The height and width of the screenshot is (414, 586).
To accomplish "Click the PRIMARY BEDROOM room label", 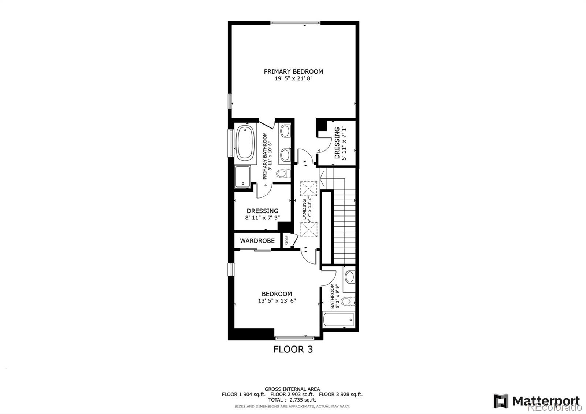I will click(x=293, y=71).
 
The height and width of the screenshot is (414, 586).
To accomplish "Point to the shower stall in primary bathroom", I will click(x=242, y=177).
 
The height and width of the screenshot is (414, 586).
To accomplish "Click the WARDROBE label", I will click(x=257, y=241).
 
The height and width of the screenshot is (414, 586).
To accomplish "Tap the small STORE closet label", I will click(x=287, y=241).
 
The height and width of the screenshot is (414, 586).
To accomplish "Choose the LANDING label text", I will click(x=304, y=210).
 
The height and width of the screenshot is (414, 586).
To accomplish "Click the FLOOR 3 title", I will click(x=293, y=349).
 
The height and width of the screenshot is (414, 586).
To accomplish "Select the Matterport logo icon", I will click(x=501, y=401).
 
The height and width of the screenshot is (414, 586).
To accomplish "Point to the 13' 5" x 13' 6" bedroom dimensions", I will click(x=277, y=301).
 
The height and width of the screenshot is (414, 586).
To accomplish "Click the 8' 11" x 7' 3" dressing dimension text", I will click(x=262, y=218).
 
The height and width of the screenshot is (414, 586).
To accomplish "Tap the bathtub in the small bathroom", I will click(x=338, y=320).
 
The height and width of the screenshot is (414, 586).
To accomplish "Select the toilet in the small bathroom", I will click(x=348, y=302).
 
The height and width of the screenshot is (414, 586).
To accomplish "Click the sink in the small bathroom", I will click(x=350, y=277).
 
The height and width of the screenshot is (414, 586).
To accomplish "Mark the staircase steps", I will click(x=345, y=227).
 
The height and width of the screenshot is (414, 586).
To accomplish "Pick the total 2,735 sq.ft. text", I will click(x=292, y=400).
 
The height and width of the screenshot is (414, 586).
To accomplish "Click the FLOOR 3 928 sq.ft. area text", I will click(x=341, y=395).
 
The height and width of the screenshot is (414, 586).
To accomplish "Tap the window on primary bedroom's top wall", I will click(x=295, y=23).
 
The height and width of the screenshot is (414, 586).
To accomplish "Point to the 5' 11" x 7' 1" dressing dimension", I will click(x=343, y=143).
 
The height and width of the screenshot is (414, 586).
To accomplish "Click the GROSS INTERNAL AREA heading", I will click(x=292, y=389).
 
